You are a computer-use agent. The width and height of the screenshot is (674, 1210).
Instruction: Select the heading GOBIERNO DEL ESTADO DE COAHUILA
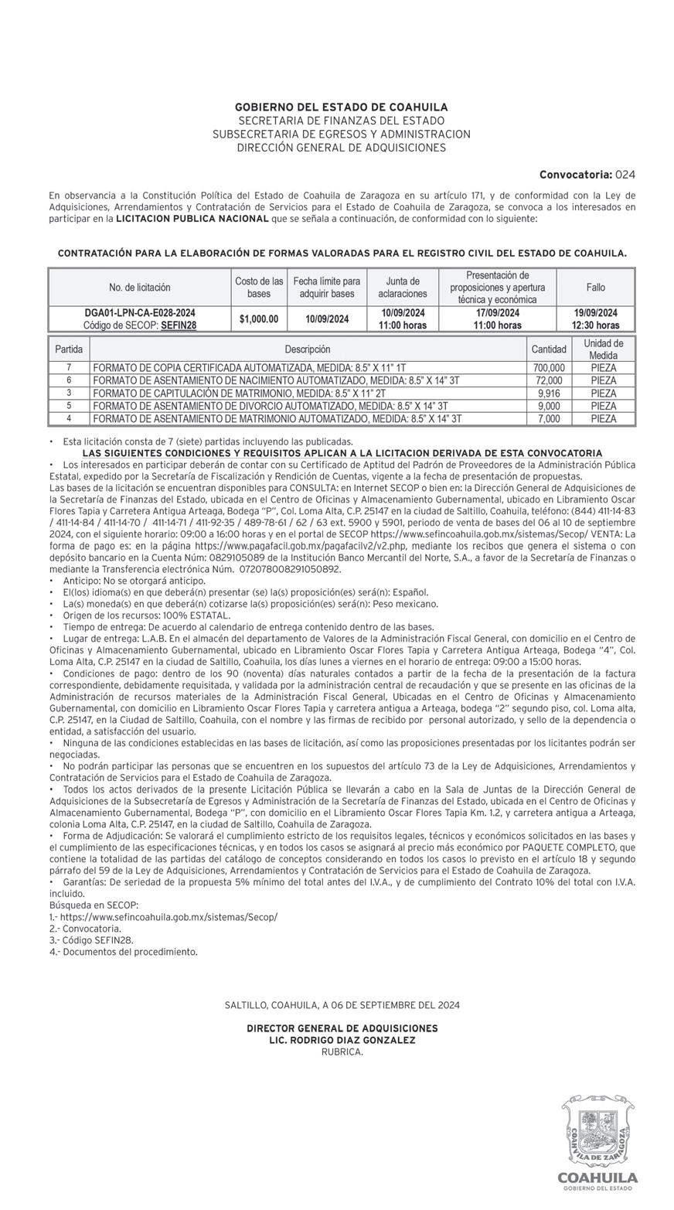click(341, 107)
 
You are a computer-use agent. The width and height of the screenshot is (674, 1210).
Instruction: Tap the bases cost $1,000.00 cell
click(259, 319)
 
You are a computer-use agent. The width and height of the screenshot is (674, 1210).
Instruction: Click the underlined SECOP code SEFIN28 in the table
click(179, 326)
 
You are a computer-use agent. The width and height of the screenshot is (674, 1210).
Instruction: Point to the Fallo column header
click(595, 287)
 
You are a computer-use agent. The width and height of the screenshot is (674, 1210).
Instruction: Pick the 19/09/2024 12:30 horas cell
click(595, 319)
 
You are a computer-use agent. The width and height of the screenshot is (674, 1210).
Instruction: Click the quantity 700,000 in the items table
click(549, 368)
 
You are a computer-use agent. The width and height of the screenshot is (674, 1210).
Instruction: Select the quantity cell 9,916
click(549, 394)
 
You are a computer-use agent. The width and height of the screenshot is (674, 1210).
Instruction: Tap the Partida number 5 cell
click(69, 406)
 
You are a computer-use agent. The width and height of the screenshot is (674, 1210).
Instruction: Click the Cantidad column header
click(549, 349)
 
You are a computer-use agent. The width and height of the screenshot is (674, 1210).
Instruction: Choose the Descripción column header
click(307, 349)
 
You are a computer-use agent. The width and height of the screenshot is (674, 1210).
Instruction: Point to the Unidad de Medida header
click(603, 349)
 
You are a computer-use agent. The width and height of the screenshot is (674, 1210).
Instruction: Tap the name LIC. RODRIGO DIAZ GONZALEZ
click(342, 1040)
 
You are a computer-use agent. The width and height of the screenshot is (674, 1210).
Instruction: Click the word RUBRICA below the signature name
click(342, 1052)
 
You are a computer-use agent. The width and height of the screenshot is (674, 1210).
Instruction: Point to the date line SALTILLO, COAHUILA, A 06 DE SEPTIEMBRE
click(342, 1005)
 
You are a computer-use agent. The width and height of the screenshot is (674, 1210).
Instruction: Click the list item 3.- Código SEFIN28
click(91, 940)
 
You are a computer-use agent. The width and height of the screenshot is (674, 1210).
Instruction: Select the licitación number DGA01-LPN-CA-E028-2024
click(140, 313)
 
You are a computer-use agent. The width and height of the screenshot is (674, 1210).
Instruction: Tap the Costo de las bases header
click(259, 287)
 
